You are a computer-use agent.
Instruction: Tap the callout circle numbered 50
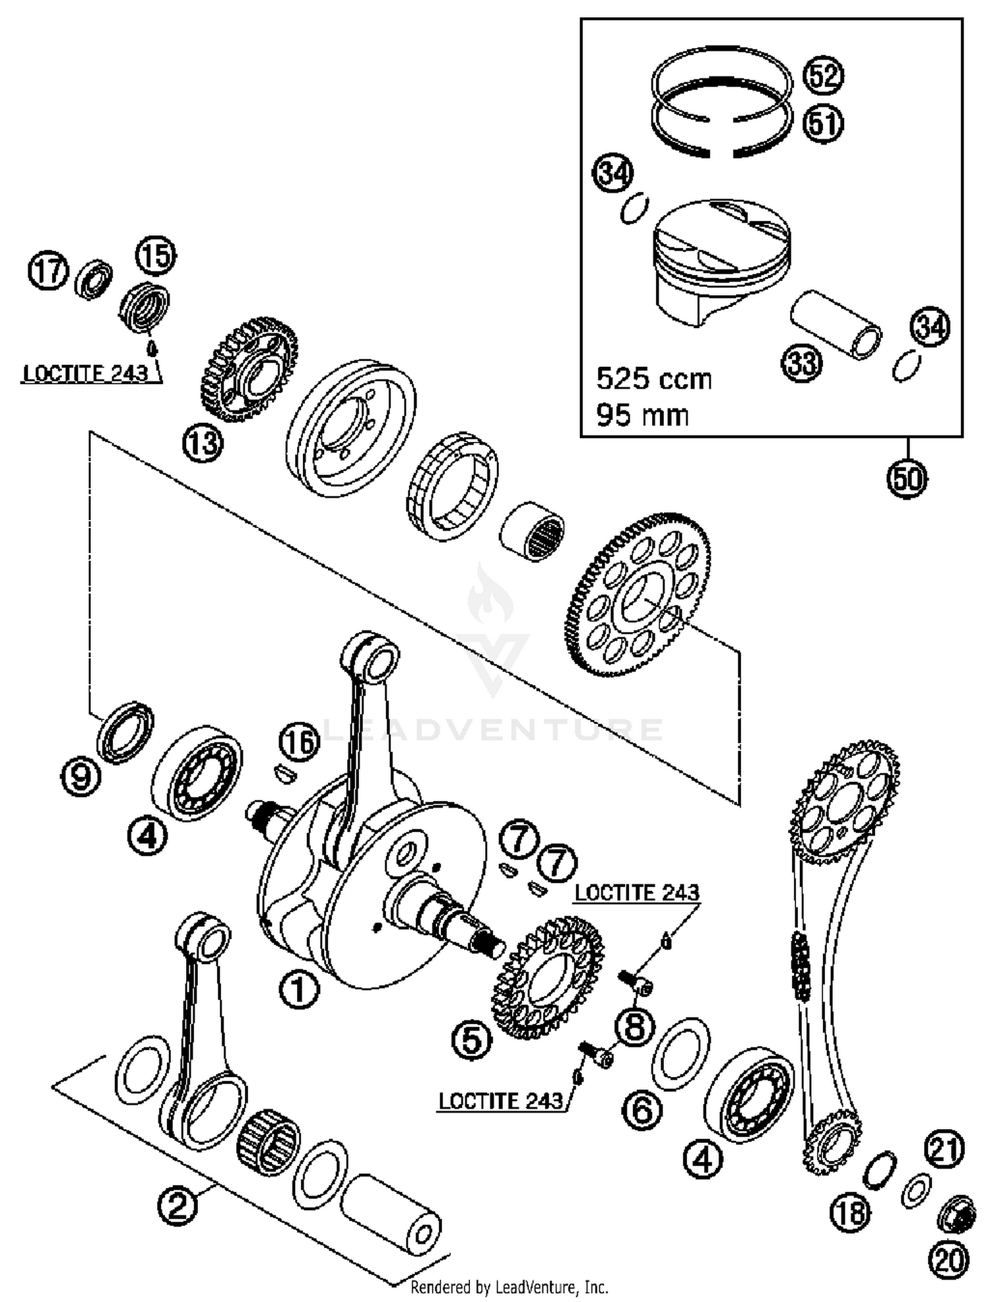(907, 479)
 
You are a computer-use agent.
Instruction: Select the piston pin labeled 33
(835, 325)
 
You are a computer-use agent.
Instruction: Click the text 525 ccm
(653, 379)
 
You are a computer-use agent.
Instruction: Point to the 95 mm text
(642, 416)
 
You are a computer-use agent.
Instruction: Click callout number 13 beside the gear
(202, 443)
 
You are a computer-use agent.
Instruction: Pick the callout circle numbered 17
(48, 271)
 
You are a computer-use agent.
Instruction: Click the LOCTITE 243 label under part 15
(85, 374)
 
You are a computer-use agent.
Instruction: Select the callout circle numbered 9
(80, 779)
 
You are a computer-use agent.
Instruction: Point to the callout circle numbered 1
(298, 990)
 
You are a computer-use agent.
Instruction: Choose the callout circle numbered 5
(472, 1040)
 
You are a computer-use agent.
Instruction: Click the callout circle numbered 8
(634, 1027)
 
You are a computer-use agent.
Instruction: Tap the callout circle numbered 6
(642, 1111)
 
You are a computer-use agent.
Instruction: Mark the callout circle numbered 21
(945, 1149)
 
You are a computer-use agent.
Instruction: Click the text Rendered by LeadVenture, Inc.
(509, 1287)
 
